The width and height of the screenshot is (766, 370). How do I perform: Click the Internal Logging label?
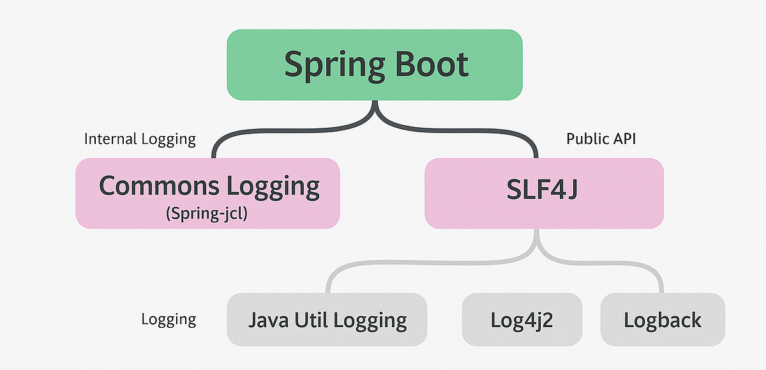[x=140, y=139]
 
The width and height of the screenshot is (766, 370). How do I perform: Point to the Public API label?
[x=601, y=139]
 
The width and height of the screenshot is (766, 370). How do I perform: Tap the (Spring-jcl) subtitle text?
[x=206, y=213]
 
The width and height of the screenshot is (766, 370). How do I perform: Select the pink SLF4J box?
[x=544, y=192]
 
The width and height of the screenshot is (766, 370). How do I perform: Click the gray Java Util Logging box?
[x=327, y=320]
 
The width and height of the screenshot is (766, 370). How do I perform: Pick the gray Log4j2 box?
[x=522, y=320]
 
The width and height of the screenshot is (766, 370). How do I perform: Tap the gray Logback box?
[x=663, y=320]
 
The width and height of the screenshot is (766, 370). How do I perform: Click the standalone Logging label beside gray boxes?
[x=169, y=320]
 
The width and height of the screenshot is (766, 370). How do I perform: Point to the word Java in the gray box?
[x=269, y=320]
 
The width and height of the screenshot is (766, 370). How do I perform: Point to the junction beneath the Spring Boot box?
[x=375, y=115]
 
